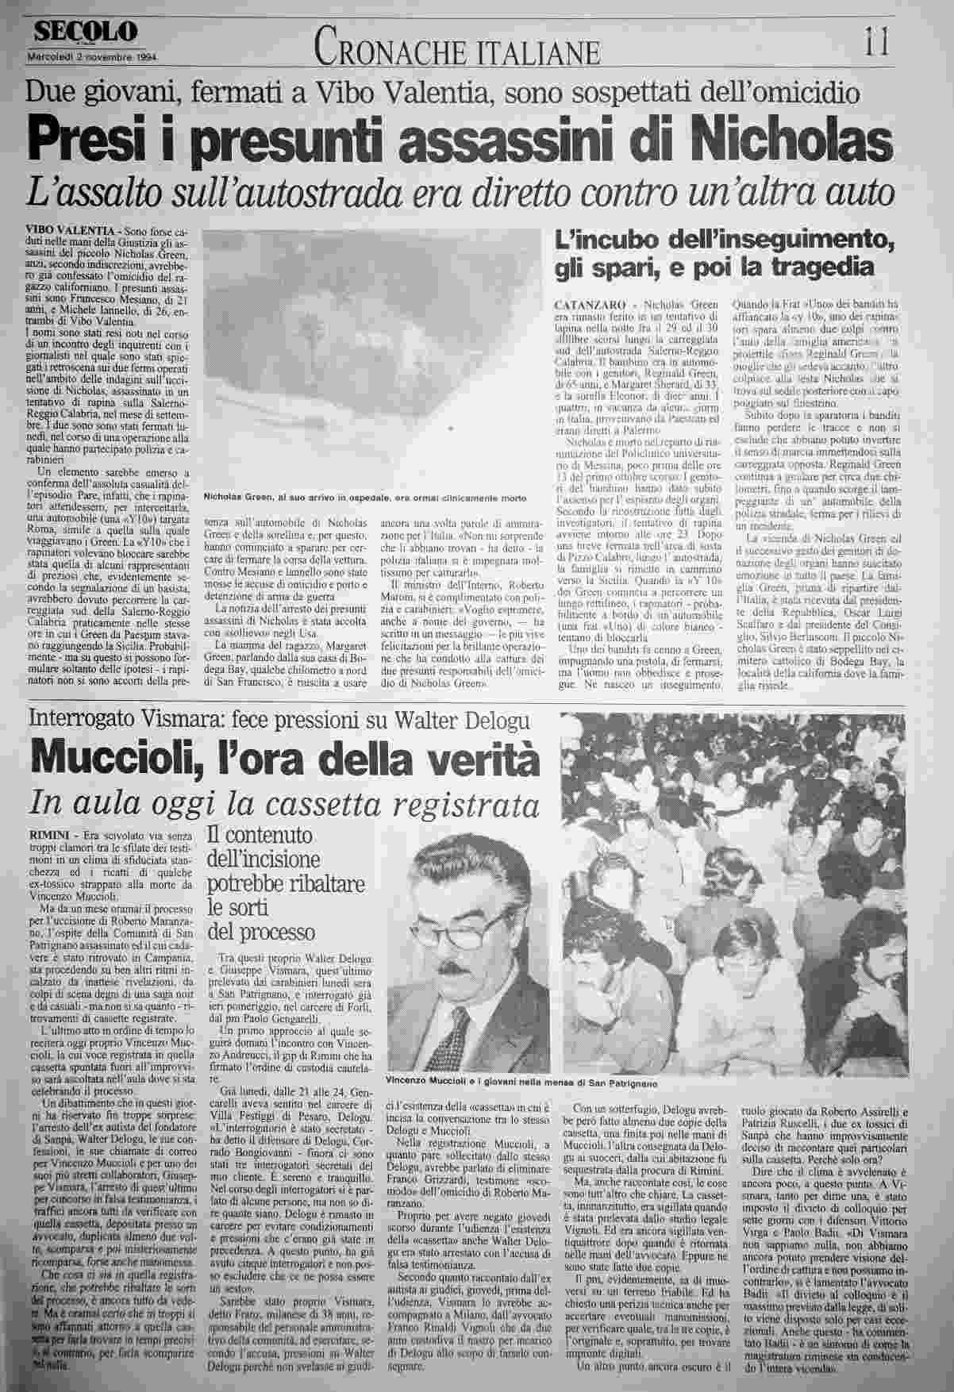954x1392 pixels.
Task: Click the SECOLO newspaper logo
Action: tap(85, 33)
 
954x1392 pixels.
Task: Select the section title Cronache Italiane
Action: tap(456, 51)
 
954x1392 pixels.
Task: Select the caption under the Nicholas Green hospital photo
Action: tap(364, 498)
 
